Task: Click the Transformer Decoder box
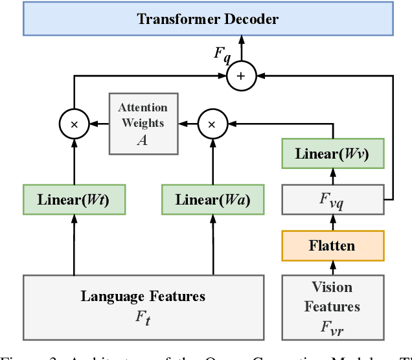207,18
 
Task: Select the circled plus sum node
241,76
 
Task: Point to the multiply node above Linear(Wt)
74,122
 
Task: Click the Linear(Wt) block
74,199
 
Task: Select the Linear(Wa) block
212,199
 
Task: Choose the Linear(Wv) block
333,154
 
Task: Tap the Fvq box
333,199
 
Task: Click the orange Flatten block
333,245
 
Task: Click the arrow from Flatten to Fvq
333,222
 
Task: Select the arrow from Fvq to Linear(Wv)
333,177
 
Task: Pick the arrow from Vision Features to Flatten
333,268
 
